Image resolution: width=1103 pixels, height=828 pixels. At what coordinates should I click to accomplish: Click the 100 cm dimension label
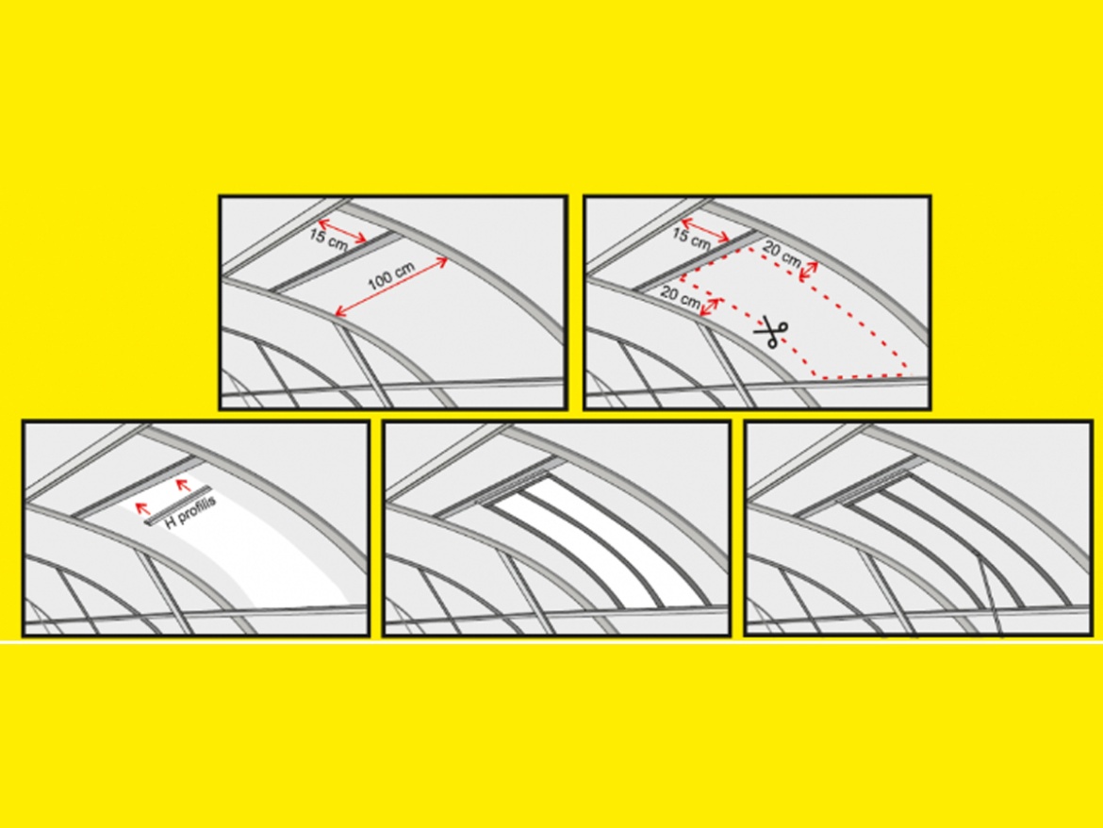pos(392,276)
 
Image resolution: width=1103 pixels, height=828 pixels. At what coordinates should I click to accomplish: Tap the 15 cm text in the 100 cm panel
pos(328,238)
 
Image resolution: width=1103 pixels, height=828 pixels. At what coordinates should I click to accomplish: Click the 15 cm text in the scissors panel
pos(691,238)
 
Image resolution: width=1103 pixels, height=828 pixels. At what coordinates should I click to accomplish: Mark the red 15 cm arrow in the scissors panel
pos(706,229)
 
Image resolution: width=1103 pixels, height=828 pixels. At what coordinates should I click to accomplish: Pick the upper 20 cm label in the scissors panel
pos(782,255)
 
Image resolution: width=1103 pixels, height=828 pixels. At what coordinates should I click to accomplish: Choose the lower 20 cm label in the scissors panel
pos(681,298)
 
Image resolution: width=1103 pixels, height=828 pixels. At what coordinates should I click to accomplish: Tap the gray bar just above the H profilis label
pos(177,505)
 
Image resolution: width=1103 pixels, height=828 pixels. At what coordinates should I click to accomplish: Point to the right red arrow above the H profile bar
pos(183,486)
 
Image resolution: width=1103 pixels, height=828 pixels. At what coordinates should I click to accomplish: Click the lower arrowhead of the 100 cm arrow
pos(338,314)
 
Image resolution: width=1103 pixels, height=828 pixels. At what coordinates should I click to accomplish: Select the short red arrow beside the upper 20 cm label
pos(809,272)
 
